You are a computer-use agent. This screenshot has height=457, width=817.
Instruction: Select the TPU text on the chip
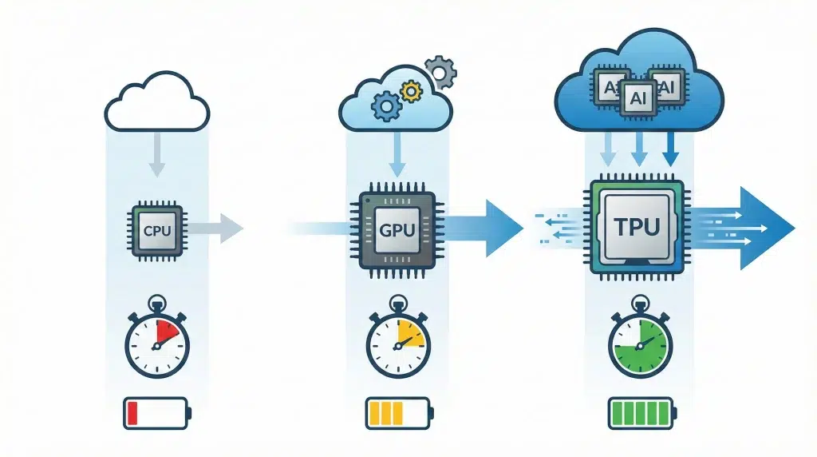coord(637,226)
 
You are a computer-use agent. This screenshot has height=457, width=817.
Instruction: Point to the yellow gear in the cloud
coord(410,91)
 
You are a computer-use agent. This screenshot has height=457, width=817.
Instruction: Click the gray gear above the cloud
coord(440,72)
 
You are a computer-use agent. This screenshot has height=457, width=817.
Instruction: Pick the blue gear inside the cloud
coord(385,105)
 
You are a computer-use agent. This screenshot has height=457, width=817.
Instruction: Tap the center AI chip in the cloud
coord(637,97)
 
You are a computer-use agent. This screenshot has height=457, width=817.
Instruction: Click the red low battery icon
coord(156,412)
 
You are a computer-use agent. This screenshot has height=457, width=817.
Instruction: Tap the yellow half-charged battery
coord(398,412)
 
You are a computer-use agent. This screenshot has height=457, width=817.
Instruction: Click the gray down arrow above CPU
coord(157,156)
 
